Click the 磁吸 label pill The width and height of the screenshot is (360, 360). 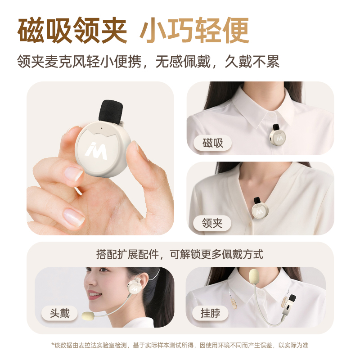(212, 143)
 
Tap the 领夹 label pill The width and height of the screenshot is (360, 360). (212, 223)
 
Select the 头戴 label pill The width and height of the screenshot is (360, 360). (59, 313)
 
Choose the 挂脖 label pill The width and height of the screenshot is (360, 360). (210, 313)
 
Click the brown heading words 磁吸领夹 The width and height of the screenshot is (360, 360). (72, 30)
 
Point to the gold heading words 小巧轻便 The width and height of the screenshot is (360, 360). (194, 30)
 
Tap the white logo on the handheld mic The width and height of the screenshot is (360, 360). (96, 151)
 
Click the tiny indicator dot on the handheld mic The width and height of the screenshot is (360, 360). (102, 128)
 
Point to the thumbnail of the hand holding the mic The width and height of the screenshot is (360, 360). (100, 158)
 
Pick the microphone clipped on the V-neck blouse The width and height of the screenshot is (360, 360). (260, 207)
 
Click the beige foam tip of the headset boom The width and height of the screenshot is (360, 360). (88, 315)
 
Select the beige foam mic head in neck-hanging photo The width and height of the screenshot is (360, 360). (256, 277)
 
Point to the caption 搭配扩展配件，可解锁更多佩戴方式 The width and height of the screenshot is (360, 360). (180, 254)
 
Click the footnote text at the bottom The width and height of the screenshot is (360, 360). (180, 345)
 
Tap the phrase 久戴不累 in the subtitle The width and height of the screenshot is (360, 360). (252, 62)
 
